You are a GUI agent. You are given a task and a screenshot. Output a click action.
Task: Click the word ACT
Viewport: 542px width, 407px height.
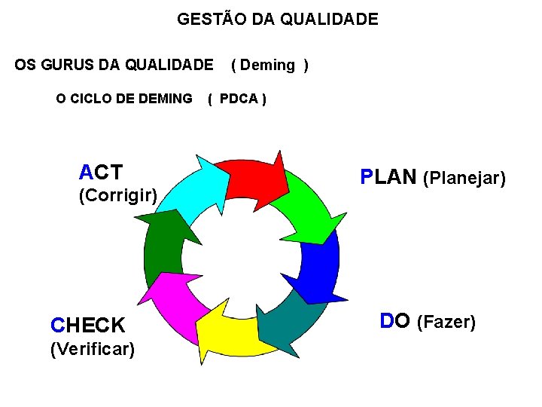(x=101, y=173)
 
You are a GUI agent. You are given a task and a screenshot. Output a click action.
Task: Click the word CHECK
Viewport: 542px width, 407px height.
(x=87, y=326)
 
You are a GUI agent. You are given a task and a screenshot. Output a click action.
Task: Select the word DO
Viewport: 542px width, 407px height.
(x=395, y=322)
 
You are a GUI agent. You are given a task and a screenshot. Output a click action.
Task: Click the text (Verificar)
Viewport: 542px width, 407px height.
(x=92, y=349)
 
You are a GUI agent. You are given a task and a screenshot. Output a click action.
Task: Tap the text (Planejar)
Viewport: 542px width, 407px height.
(x=464, y=179)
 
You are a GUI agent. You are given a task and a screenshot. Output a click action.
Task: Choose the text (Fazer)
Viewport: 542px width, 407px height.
(x=446, y=323)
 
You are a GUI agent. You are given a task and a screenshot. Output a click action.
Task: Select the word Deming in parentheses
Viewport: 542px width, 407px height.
(x=268, y=65)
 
